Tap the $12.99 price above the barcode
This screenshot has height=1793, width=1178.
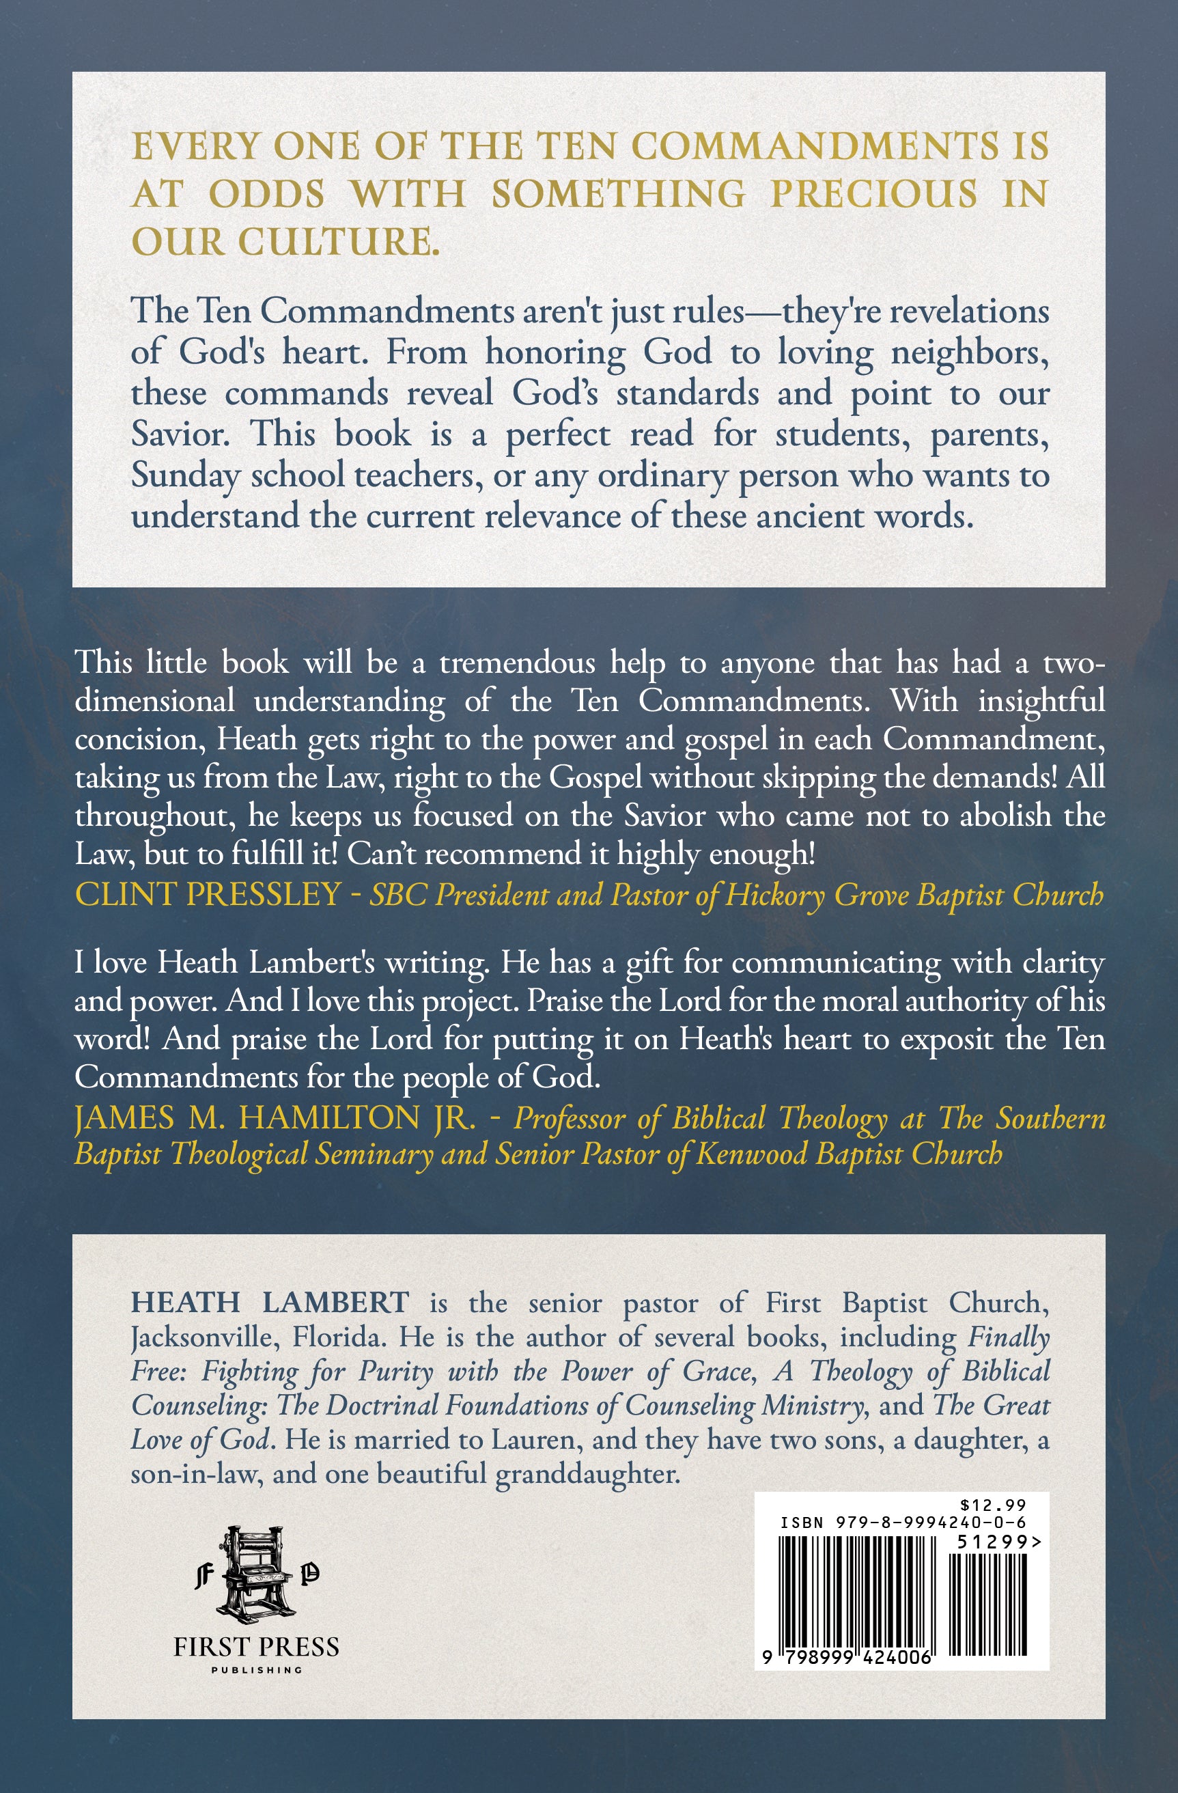994,1505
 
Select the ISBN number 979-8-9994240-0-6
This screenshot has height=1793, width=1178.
930,1523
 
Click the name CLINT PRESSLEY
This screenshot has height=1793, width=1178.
208,894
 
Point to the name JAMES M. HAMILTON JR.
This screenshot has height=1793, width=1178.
275,1117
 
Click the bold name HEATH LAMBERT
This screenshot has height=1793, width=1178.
270,1302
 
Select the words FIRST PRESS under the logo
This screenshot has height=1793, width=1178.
256,1646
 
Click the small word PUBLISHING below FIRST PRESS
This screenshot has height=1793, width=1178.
256,1670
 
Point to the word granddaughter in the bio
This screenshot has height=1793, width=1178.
587,1473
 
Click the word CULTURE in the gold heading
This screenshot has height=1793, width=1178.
334,242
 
